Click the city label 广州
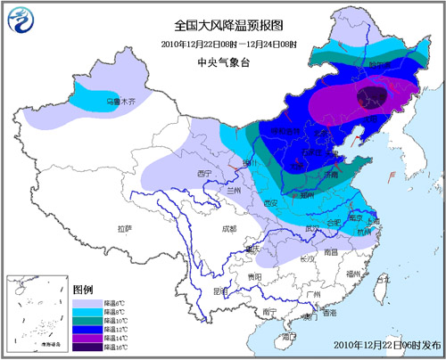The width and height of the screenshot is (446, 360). [x=310, y=295]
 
